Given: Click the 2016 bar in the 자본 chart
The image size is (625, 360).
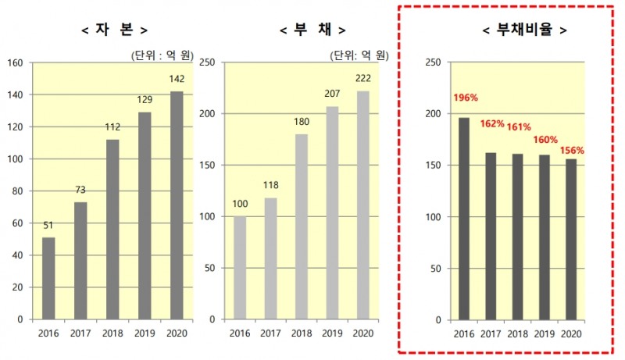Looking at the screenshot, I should [x=48, y=278].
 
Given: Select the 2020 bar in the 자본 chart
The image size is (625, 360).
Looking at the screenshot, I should [x=177, y=205].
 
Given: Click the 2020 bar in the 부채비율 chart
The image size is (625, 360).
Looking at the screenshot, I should [x=572, y=239].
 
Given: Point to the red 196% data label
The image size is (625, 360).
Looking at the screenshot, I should [x=465, y=98].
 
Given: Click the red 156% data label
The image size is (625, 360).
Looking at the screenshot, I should [x=573, y=150].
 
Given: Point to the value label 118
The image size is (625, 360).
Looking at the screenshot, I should [x=270, y=184].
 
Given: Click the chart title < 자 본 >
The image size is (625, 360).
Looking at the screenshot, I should [x=114, y=30].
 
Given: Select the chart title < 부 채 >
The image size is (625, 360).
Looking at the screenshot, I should [x=312, y=30].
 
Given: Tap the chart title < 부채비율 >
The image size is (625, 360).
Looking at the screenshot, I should [x=523, y=30].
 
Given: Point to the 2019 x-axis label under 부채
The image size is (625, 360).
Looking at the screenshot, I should [x=332, y=333].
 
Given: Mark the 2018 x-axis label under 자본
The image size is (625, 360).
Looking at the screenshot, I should [x=112, y=333].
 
